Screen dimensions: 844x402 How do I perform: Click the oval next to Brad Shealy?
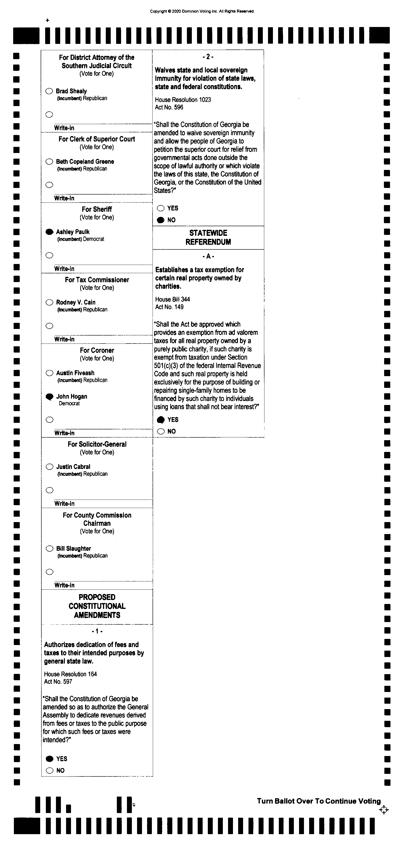point(49,91)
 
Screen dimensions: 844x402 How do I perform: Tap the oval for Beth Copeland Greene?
point(49,161)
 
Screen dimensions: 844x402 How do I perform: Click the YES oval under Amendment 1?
point(50,759)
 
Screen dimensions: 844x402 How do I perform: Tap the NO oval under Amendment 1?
point(50,770)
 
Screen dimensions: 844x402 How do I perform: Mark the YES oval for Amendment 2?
point(161,208)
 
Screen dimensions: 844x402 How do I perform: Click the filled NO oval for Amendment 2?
point(161,220)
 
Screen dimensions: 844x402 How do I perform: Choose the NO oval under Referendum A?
point(161,431)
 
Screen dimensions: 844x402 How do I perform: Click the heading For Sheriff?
point(97,209)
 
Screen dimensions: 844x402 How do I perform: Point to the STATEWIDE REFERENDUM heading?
point(208,237)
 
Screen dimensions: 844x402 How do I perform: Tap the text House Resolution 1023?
point(183,99)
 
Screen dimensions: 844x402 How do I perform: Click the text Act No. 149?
point(169,307)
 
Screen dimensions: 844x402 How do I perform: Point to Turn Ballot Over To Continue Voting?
point(319,801)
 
